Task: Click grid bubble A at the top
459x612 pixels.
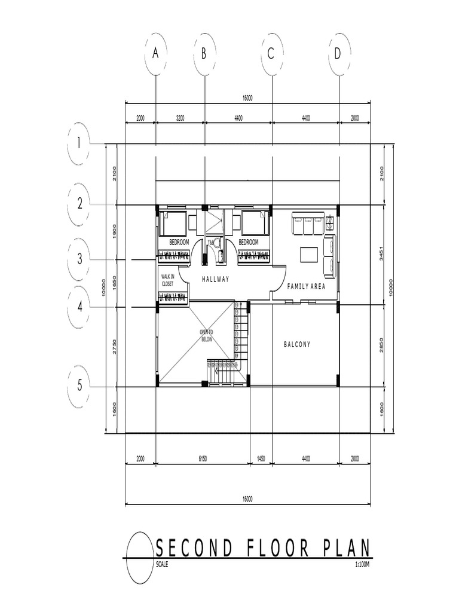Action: coord(155,54)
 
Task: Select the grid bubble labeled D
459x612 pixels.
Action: coord(338,54)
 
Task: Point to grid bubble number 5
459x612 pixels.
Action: coord(79,385)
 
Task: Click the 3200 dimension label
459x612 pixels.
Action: coord(180,118)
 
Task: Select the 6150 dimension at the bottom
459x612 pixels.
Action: coord(202,458)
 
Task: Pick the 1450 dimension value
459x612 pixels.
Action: coord(261,458)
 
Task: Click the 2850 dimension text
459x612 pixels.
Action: coord(382,345)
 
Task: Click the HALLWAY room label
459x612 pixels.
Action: coord(215,279)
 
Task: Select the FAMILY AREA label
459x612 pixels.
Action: coord(306,286)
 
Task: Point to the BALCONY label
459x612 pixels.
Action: coord(297,345)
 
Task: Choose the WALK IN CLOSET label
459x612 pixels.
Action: coord(167,280)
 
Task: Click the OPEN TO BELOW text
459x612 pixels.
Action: coord(206,335)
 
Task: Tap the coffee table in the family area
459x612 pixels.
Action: coord(309,255)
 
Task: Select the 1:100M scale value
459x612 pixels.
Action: coord(362,564)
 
